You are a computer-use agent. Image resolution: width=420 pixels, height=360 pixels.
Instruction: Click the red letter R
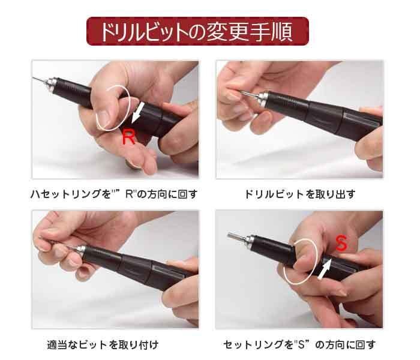point(128,136)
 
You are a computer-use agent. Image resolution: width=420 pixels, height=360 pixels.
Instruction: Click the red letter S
point(341,243)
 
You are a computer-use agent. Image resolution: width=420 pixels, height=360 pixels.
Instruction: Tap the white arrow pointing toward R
point(138,112)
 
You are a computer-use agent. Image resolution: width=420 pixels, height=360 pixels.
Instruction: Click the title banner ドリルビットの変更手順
point(197,31)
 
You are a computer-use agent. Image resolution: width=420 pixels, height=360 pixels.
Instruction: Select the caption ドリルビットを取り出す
point(300,194)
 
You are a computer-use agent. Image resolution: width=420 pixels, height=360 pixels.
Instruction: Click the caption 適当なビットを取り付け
point(103,345)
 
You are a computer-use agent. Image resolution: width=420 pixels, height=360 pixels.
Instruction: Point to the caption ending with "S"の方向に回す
point(299,345)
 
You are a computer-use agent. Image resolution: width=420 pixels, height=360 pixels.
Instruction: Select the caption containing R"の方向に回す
point(114,194)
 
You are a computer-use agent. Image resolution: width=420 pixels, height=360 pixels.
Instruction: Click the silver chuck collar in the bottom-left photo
point(81,250)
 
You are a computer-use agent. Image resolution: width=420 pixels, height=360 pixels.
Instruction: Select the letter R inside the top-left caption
point(130,194)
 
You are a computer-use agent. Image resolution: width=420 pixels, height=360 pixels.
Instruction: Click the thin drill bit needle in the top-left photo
point(39,80)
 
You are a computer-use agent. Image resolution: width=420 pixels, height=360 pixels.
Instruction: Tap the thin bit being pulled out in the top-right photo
point(248,94)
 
